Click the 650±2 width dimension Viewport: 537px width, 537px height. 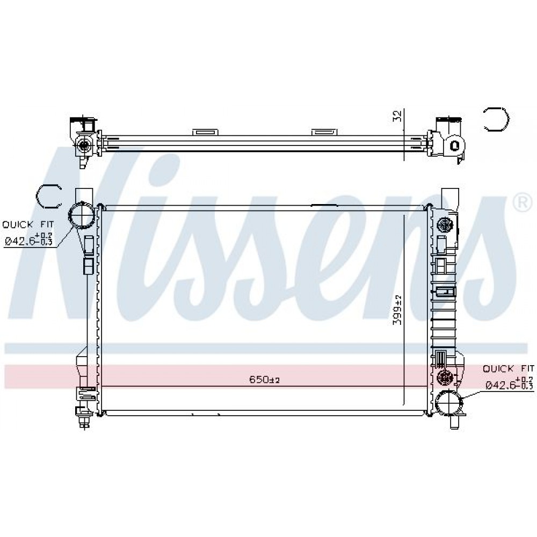264,380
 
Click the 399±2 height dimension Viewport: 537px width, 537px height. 397,310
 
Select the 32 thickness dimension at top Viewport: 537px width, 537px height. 397,116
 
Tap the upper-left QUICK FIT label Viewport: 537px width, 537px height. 28,224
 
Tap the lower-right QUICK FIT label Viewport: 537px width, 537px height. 508,368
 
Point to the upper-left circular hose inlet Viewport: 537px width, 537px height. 82,216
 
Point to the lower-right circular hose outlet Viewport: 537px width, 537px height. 448,403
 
